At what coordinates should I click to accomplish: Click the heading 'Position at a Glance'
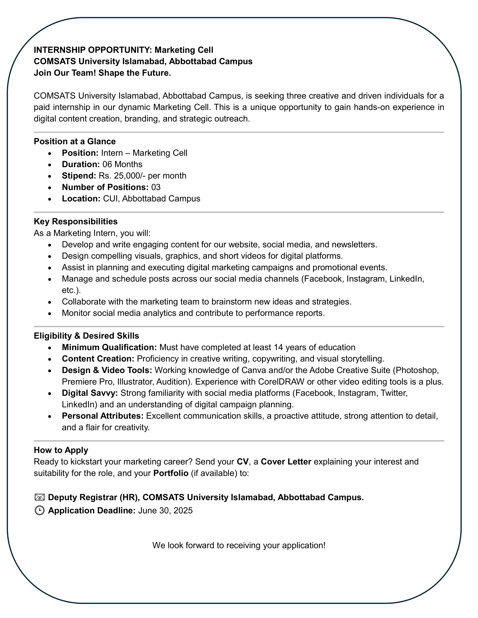click(75, 141)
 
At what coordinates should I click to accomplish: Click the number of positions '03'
click(156, 187)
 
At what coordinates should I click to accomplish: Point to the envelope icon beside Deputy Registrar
click(39, 497)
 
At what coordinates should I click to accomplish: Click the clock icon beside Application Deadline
click(39, 510)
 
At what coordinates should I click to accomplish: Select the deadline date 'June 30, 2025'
click(165, 510)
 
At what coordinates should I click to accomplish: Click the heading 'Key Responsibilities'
click(76, 221)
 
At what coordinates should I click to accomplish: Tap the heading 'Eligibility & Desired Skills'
click(86, 336)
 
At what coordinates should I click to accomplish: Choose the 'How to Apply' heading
click(61, 450)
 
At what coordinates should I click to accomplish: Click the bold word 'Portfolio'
click(171, 473)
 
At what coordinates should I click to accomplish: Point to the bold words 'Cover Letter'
click(286, 462)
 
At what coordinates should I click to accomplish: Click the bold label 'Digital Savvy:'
click(90, 393)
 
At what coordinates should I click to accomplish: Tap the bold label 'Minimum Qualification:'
click(109, 347)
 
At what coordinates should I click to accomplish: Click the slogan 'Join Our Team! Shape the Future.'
click(102, 73)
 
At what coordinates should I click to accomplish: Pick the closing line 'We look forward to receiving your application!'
click(239, 545)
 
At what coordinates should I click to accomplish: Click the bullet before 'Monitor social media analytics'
click(50, 314)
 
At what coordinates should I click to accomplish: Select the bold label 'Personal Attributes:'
click(103, 416)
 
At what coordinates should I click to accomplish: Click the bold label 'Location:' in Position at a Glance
click(81, 199)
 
